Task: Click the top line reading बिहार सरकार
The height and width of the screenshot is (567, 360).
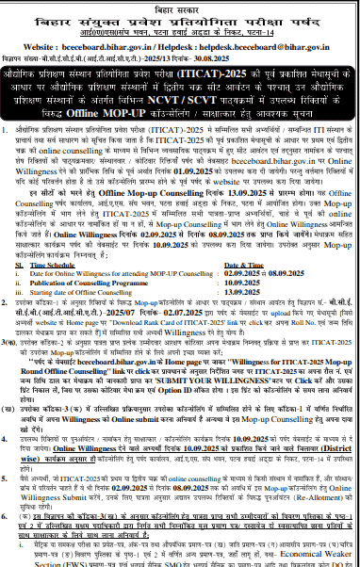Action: [180, 6]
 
